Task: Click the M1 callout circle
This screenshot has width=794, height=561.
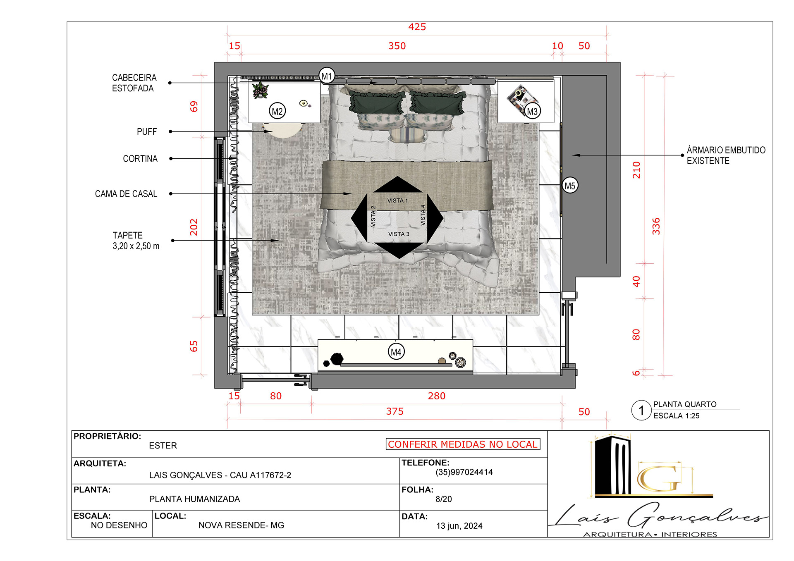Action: click(327, 76)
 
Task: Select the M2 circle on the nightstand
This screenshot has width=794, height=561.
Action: click(277, 111)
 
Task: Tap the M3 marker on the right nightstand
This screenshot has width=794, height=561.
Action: click(532, 111)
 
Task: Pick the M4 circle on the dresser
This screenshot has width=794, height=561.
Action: click(396, 352)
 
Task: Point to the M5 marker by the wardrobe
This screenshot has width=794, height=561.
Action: click(570, 186)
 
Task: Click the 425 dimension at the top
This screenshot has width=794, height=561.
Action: click(417, 27)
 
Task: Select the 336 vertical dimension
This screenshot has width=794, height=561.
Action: click(656, 226)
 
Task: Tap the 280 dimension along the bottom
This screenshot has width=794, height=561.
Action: click(436, 396)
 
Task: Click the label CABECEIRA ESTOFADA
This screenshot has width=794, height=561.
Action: click(134, 83)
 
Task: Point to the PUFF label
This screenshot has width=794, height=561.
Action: click(147, 131)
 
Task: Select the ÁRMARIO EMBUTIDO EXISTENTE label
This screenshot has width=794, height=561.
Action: click(726, 155)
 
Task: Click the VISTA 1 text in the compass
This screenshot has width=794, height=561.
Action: click(397, 201)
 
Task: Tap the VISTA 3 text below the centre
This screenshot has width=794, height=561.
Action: click(399, 234)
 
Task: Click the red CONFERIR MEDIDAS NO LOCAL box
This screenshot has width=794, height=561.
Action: click(463, 444)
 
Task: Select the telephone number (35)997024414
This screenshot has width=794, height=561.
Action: click(464, 472)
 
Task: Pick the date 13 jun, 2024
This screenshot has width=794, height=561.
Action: click(459, 526)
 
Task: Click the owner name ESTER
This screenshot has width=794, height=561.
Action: click(163, 446)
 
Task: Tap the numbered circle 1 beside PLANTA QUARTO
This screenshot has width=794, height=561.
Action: click(641, 411)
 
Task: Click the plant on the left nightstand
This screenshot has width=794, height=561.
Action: click(260, 90)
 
